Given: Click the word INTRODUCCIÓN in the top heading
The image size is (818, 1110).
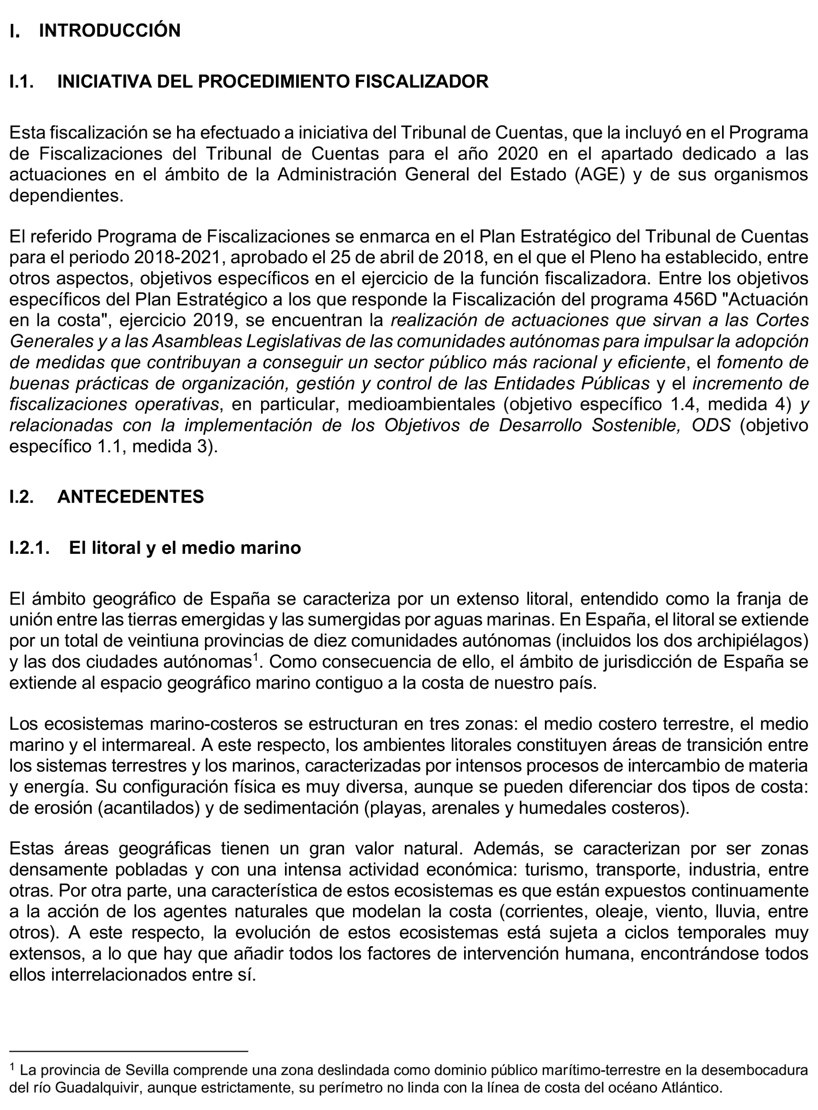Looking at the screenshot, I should click(x=110, y=31).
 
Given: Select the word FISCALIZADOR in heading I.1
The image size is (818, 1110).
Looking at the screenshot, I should click(x=421, y=81).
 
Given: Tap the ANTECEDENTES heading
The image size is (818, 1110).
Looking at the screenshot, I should click(x=131, y=497).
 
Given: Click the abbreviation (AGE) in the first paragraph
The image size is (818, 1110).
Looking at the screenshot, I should click(x=600, y=175).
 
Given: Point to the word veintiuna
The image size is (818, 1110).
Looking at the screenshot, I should click(x=164, y=641).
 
